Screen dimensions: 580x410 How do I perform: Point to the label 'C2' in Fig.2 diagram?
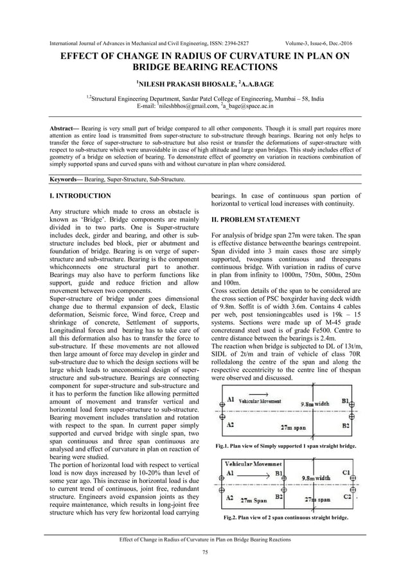click(x=347, y=496)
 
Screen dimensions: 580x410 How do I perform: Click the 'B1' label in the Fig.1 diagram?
click(x=346, y=401)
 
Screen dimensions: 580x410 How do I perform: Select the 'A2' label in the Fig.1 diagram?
click(x=230, y=425)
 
